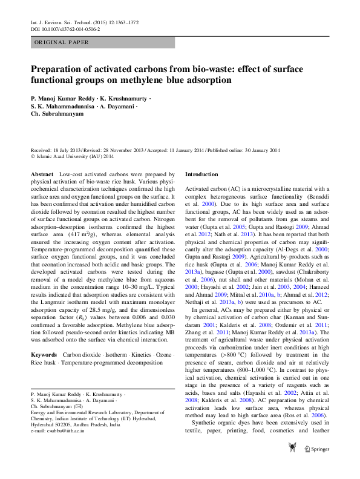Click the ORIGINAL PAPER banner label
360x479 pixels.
62,42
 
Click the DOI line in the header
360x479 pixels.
65,29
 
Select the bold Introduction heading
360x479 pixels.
201,174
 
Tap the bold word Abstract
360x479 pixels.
42,174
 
